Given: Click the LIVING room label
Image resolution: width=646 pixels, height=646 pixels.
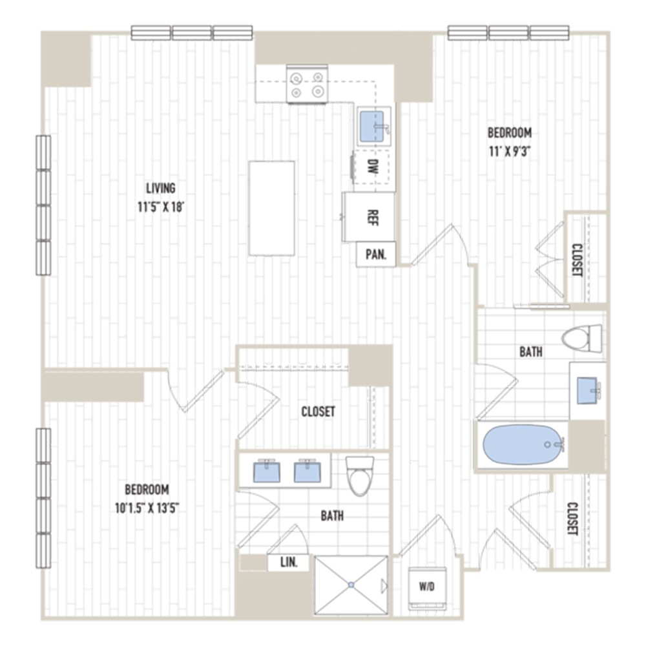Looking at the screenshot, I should click(x=160, y=189).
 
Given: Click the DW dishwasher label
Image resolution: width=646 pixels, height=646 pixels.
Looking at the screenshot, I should click(x=373, y=165).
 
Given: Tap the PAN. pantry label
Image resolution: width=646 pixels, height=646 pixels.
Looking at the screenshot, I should click(x=375, y=255).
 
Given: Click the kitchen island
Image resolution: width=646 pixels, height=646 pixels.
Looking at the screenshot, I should click(x=272, y=207).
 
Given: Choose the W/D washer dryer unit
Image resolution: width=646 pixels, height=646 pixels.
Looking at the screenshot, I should click(x=426, y=588).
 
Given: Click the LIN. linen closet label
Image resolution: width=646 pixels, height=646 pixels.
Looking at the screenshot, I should click(x=289, y=563).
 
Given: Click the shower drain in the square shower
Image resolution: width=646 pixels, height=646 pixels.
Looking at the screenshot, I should click(x=351, y=585).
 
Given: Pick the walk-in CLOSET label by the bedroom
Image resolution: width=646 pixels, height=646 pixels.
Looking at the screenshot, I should click(x=318, y=412).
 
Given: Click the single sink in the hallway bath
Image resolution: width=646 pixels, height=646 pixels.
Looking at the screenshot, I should click(x=588, y=390).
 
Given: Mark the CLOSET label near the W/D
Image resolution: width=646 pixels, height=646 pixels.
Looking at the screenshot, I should click(x=572, y=519).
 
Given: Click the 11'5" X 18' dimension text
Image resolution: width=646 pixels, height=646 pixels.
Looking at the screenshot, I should click(x=160, y=208).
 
